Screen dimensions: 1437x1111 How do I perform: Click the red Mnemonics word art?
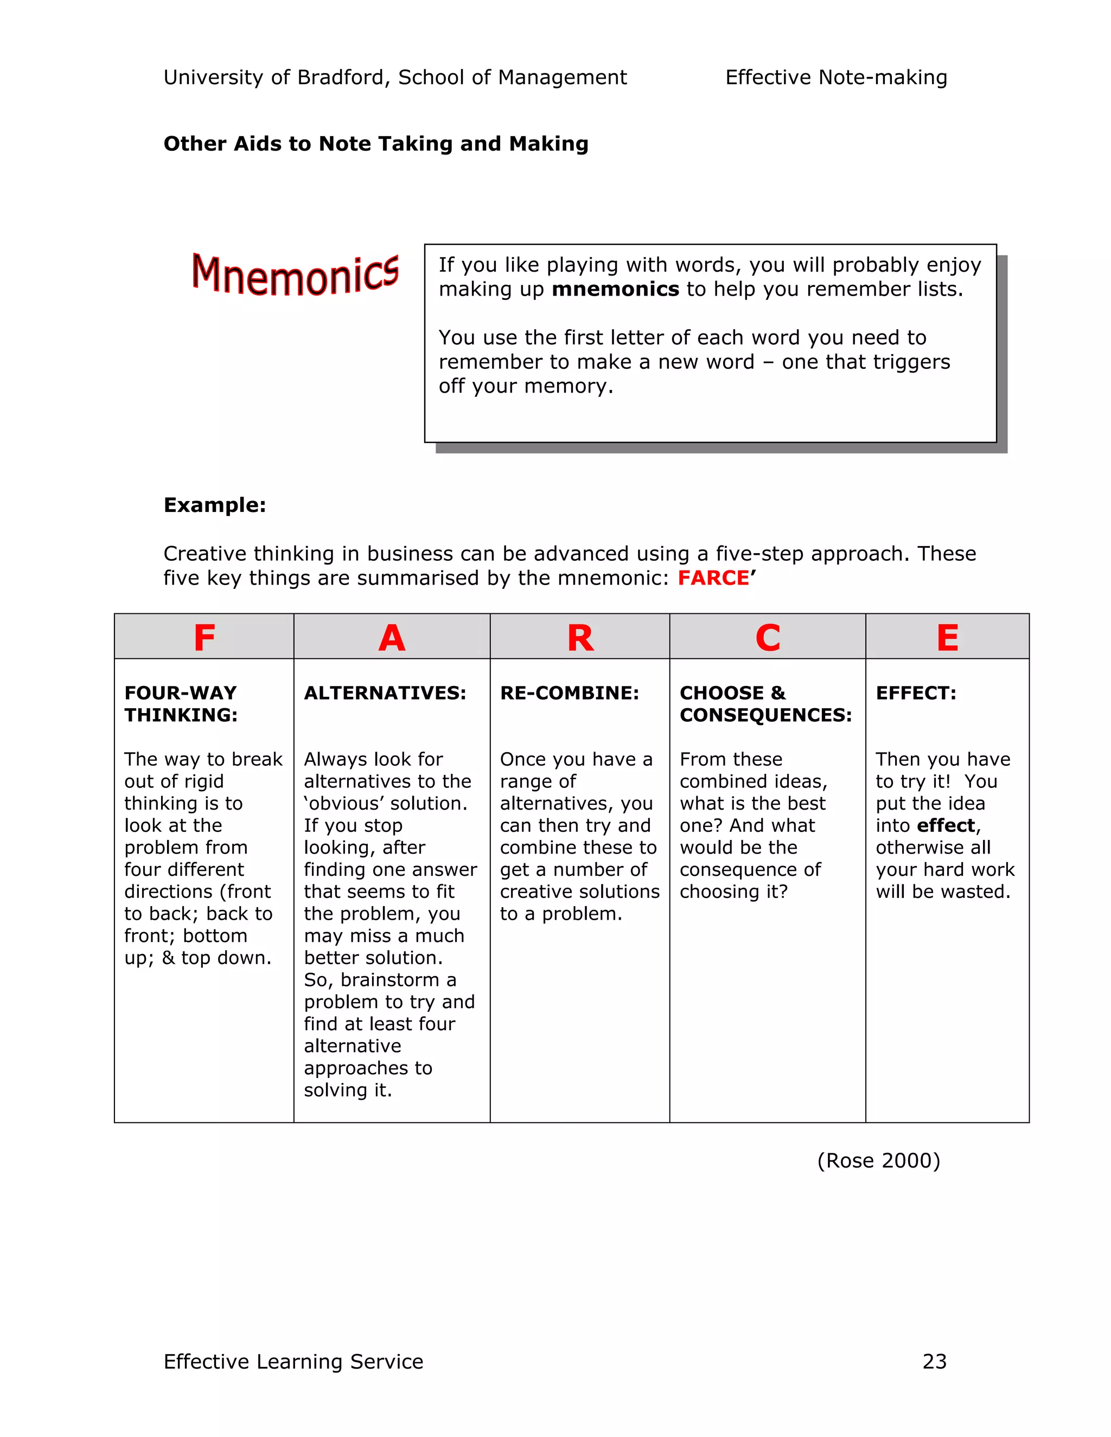(x=295, y=274)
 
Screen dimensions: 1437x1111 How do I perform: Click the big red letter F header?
(x=204, y=638)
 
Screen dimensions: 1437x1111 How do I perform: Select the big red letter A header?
(x=392, y=638)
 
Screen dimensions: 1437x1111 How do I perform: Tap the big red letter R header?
(x=580, y=638)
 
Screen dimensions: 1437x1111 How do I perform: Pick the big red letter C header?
(x=768, y=638)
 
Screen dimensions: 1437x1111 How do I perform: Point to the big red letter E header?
(x=947, y=638)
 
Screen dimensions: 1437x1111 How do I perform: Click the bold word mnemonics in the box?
(x=615, y=289)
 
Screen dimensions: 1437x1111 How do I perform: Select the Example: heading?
(x=215, y=505)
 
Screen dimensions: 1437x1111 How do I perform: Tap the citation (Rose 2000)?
(x=879, y=1160)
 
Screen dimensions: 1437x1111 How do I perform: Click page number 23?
(x=934, y=1361)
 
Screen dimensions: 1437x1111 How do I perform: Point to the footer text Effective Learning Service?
(x=293, y=1361)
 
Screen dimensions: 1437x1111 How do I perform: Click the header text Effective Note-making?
(x=836, y=78)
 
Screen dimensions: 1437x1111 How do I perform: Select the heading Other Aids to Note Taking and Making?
(x=376, y=144)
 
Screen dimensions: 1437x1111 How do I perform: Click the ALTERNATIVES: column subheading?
(x=385, y=693)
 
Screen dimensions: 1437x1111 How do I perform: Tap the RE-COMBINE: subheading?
(x=569, y=693)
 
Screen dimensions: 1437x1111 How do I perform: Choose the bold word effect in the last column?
(x=946, y=825)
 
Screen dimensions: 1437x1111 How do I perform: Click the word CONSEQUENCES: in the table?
(x=765, y=715)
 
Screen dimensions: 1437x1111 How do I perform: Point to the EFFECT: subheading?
(x=916, y=693)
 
